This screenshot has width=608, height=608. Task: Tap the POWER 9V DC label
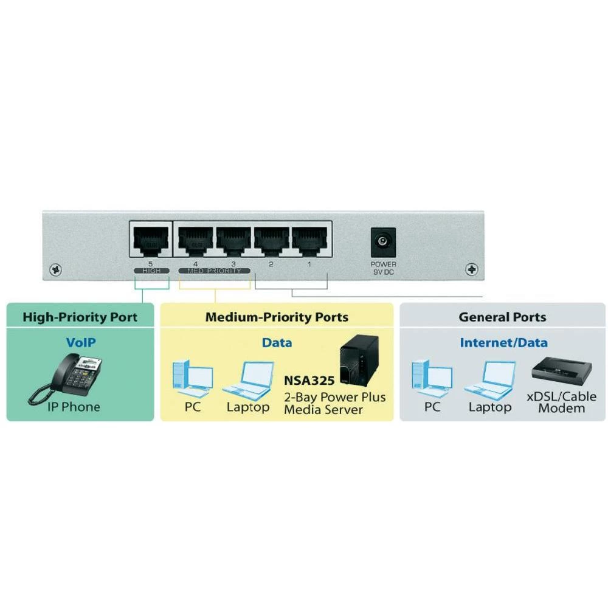coord(383,268)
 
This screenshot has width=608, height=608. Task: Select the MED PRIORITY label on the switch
coord(214,271)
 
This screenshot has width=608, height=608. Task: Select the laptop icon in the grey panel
coord(490,381)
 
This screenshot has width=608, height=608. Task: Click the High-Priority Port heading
coord(80,317)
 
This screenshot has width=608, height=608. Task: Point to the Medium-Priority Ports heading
coord(277,317)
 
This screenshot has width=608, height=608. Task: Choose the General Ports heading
coord(502,317)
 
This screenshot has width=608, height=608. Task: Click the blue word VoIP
coord(81,342)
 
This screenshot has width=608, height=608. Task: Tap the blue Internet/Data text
coord(503,342)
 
